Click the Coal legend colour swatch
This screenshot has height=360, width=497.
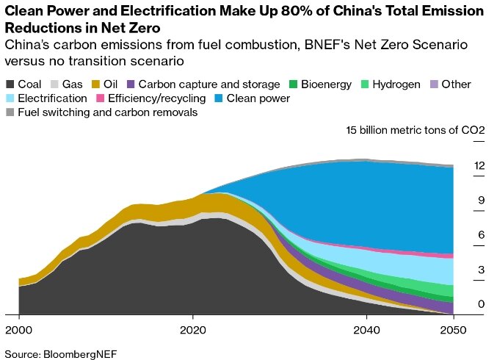[x=10, y=84]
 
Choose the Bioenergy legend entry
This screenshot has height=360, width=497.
[x=327, y=84]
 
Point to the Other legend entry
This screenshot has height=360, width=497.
[x=455, y=84]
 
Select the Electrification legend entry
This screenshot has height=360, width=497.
[x=51, y=98]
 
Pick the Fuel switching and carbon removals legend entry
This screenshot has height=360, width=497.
[x=107, y=112]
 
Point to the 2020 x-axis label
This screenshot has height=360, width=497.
[x=192, y=329]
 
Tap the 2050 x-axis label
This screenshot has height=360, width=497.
[x=453, y=329]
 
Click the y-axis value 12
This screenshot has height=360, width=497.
[x=479, y=166]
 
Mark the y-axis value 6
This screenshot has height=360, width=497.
[x=481, y=235]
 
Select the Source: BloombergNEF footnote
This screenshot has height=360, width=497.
[x=51, y=350]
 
